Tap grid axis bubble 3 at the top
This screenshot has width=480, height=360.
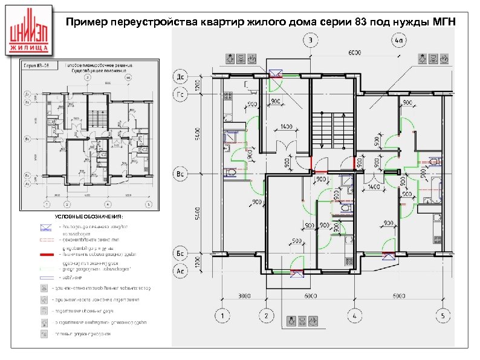click(x=311, y=41)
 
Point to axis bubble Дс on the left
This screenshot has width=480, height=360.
click(x=180, y=77)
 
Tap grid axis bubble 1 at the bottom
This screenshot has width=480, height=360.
click(x=222, y=316)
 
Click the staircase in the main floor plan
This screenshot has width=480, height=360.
click(x=332, y=130)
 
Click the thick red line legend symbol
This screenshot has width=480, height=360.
click(x=47, y=257)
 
